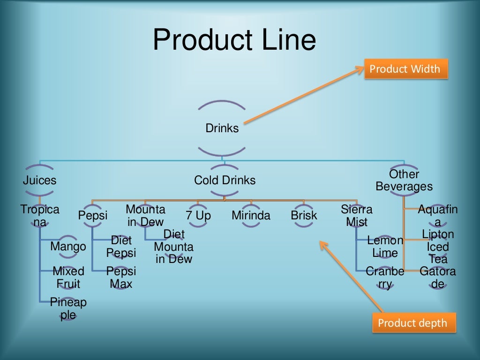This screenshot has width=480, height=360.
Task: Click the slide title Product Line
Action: pos(234,40)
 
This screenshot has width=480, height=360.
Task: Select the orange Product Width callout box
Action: pos(405,69)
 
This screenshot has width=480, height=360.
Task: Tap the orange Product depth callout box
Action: pos(412,323)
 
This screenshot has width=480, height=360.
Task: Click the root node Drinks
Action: pos(222,128)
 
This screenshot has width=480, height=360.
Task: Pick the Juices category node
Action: pos(40,180)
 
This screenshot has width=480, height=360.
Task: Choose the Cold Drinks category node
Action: pos(225,180)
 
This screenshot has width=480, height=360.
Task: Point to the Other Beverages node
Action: pos(404,180)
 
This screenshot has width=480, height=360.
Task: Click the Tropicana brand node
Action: pos(40,216)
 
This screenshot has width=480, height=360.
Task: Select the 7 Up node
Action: pos(198,216)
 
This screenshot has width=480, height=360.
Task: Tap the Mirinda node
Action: pos(251,216)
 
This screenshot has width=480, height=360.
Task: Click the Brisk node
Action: pos(304,216)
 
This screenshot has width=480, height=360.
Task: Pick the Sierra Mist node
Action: pos(357,216)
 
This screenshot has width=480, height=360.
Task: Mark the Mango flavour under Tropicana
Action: pos(68,247)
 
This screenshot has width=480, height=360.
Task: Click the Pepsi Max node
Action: pos(121,277)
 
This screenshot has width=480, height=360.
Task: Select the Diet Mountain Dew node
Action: pos(174,247)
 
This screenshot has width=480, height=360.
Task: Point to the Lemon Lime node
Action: pos(385,247)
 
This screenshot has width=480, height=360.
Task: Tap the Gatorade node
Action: pos(438,277)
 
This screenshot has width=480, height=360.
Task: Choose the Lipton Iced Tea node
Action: pos(438,247)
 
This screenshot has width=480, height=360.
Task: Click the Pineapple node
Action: pos(68,308)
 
